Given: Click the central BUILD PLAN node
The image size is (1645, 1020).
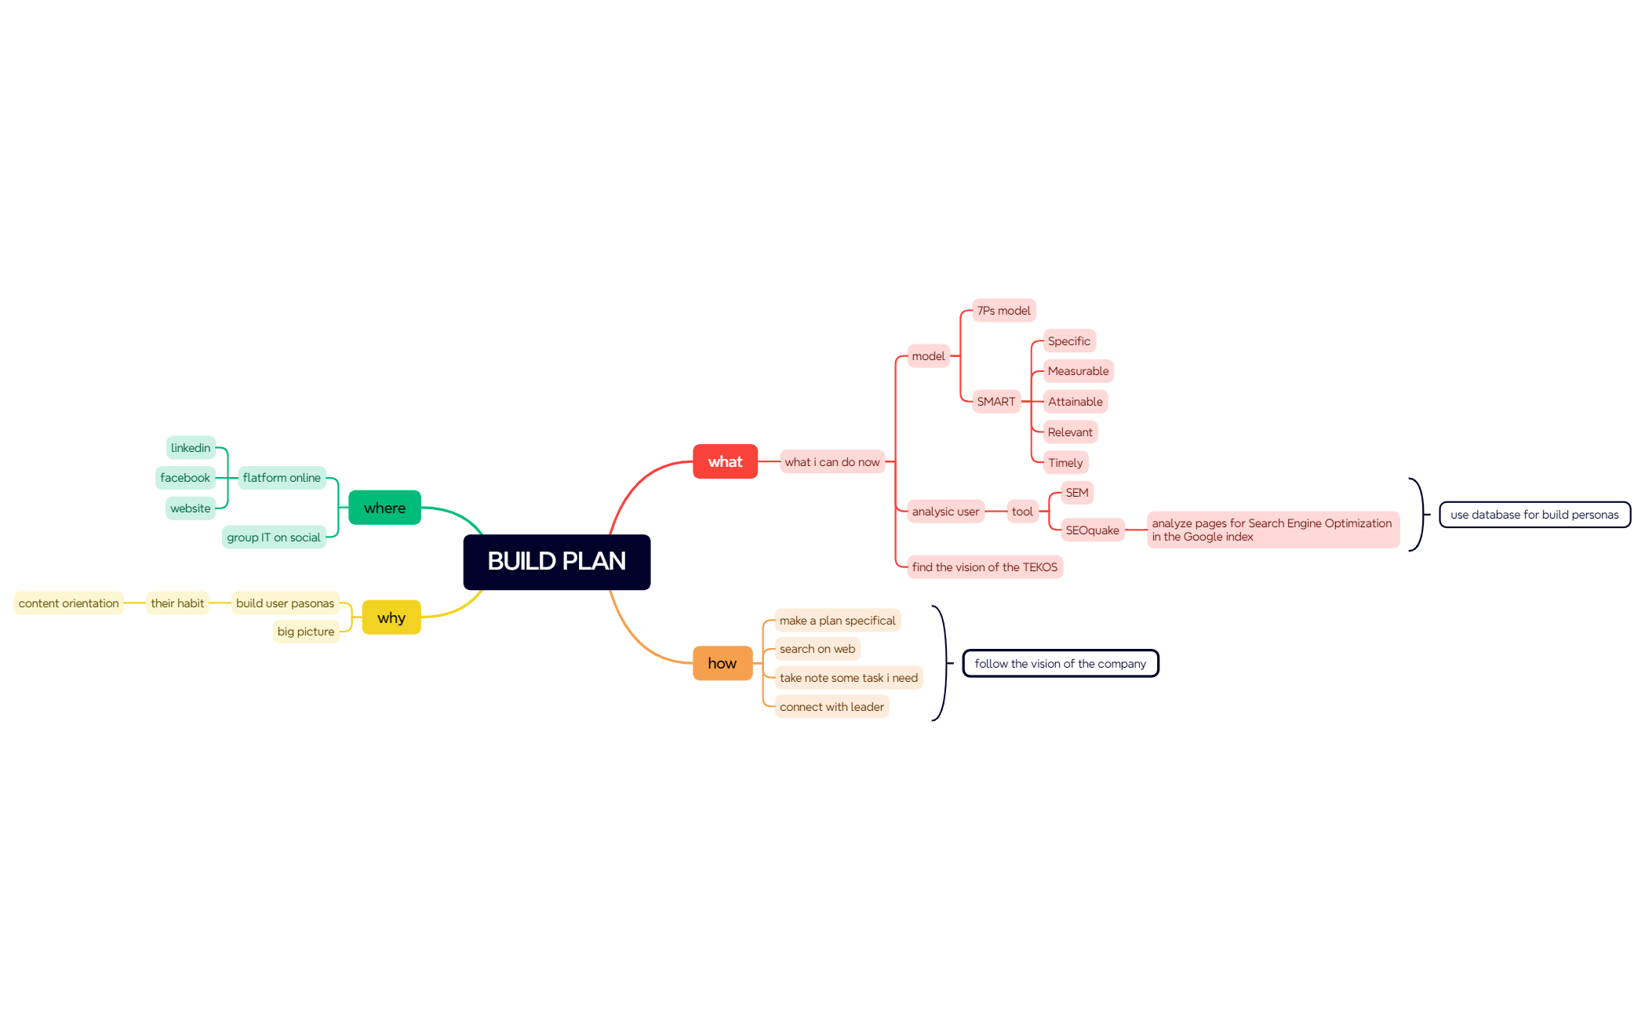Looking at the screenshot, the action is pyautogui.click(x=556, y=562).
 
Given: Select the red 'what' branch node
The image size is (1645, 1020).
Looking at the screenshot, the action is pyautogui.click(x=725, y=461).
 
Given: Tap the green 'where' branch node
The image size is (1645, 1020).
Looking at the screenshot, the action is pyautogui.click(x=384, y=508).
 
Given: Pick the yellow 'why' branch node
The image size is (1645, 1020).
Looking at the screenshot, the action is pyautogui.click(x=391, y=617).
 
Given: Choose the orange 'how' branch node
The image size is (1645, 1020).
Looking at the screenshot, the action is pyautogui.click(x=722, y=663).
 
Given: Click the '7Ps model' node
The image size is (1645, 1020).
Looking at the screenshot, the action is pyautogui.click(x=1004, y=311).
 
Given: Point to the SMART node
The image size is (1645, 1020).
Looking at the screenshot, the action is pyautogui.click(x=996, y=402).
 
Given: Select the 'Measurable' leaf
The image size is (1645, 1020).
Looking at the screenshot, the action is pyautogui.click(x=1079, y=371).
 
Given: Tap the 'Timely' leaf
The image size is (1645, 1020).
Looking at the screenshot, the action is pyautogui.click(x=1065, y=463).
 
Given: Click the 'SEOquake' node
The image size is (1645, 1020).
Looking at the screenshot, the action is pyautogui.click(x=1092, y=530).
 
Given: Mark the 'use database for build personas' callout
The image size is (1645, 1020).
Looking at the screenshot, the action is pyautogui.click(x=1534, y=515).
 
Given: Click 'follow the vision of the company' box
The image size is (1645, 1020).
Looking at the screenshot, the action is pyautogui.click(x=1061, y=664).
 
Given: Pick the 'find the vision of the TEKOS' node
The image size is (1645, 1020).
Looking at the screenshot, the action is pyautogui.click(x=984, y=567).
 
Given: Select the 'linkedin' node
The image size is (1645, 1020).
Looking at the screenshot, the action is pyautogui.click(x=191, y=448).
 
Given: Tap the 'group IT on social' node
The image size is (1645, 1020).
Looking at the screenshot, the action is pyautogui.click(x=274, y=537).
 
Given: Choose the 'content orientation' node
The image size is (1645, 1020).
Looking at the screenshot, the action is pyautogui.click(x=69, y=603).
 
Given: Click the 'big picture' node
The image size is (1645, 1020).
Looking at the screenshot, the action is pyautogui.click(x=306, y=632).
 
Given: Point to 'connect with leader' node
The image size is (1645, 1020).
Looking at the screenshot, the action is pyautogui.click(x=832, y=707).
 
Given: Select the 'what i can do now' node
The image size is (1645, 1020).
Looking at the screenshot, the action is pyautogui.click(x=832, y=462).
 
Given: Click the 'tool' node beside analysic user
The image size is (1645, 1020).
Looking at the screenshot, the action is pyautogui.click(x=1022, y=512).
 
